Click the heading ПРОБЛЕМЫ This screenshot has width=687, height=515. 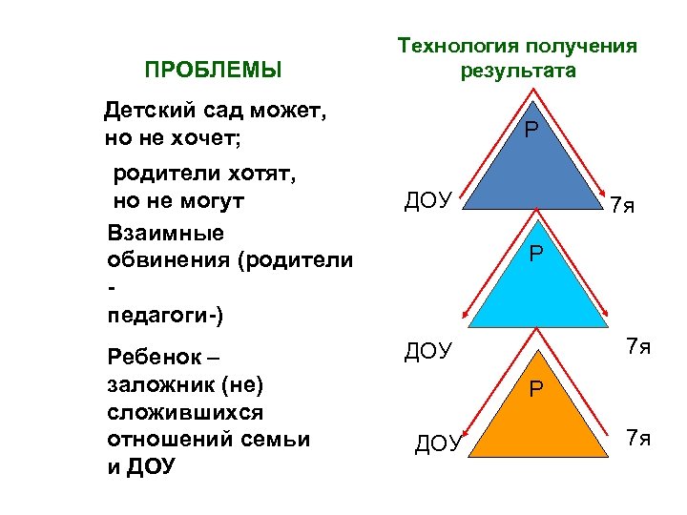(x=213, y=70)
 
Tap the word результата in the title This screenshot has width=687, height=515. (x=517, y=72)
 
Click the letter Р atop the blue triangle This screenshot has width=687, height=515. (x=530, y=128)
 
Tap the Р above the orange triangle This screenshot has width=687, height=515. (x=537, y=388)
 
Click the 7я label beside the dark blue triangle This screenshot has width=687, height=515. (x=622, y=205)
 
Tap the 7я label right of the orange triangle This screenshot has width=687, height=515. (x=638, y=438)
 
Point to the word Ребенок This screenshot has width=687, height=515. (x=153, y=358)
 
